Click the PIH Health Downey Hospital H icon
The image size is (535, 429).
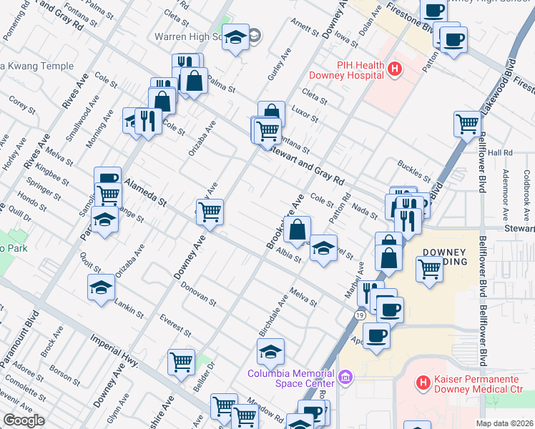click(395, 69)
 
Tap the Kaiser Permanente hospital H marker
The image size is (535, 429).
click(423, 384)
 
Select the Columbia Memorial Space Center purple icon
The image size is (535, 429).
click(346, 376)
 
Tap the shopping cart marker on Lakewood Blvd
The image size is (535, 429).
click(467, 123)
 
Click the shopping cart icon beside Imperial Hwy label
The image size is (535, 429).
click(182, 362)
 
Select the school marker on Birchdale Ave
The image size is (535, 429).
click(270, 352)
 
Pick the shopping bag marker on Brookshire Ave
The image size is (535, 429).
click(297, 230)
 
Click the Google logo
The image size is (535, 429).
click(24, 420)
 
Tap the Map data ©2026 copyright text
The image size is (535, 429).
click(504, 423)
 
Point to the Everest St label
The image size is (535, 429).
click(175, 324)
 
